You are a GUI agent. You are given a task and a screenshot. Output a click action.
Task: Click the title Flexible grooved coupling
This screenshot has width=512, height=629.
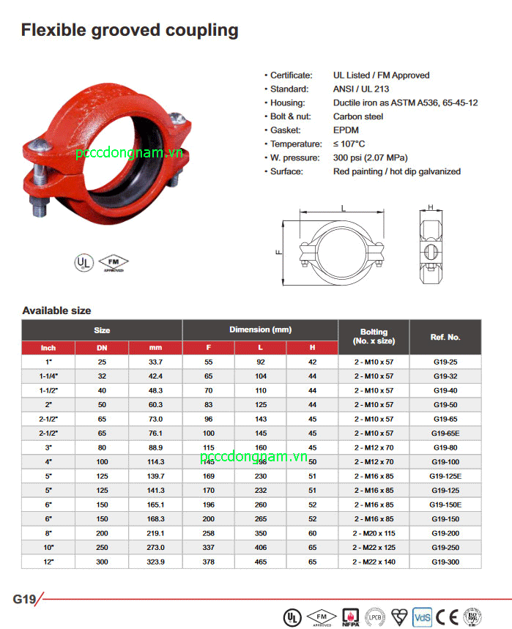click(x=130, y=30)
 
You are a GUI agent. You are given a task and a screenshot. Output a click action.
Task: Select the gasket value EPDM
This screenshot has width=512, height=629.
click(x=346, y=130)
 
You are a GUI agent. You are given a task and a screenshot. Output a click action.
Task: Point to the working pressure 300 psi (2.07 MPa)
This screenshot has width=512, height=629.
click(x=370, y=157)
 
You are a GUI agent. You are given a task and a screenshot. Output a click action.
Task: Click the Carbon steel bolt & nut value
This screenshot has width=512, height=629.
click(x=358, y=116)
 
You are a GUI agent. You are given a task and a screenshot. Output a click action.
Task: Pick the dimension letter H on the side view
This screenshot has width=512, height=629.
click(x=431, y=207)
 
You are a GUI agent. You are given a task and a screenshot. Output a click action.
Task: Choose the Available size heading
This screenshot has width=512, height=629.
click(x=56, y=310)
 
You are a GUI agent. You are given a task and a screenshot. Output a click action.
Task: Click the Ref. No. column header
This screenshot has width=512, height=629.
click(x=445, y=337)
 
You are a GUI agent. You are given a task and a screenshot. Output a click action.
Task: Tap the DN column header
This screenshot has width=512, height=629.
click(x=102, y=348)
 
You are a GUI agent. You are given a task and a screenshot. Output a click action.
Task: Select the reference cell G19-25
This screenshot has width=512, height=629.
click(x=445, y=362)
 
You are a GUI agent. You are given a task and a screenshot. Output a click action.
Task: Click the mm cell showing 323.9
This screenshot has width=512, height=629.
click(x=155, y=561)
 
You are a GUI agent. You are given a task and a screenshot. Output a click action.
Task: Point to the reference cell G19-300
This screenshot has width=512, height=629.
click(x=445, y=561)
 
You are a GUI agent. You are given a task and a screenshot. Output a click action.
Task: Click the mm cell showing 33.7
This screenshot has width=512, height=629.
click(x=155, y=362)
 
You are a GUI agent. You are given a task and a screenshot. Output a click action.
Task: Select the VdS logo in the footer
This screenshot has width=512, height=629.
click(x=422, y=616)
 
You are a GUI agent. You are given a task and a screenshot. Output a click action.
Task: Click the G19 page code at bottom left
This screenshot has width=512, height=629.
click(x=24, y=599)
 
